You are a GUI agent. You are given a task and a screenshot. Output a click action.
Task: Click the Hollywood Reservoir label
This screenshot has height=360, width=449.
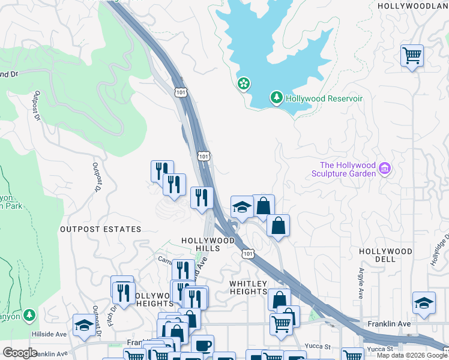(x=324, y=98)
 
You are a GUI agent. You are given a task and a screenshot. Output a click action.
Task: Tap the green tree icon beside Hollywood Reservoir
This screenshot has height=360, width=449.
(x=276, y=97)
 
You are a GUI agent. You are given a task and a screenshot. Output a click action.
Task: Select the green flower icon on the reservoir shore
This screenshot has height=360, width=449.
(x=244, y=83)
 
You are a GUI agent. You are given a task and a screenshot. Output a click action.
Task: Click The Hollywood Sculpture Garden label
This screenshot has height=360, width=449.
(x=348, y=169)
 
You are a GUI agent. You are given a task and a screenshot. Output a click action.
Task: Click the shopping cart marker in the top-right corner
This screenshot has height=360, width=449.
(x=412, y=56)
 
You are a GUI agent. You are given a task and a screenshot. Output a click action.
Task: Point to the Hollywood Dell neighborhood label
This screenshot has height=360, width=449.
(x=385, y=255)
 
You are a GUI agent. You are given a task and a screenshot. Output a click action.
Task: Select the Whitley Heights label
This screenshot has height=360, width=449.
(x=248, y=287)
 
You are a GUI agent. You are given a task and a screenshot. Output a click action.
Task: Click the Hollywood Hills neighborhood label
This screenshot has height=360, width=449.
(x=208, y=244)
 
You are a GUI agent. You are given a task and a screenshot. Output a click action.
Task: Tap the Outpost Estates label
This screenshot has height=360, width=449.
(x=100, y=229)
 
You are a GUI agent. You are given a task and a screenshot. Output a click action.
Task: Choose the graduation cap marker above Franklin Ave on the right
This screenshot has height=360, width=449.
(x=424, y=303)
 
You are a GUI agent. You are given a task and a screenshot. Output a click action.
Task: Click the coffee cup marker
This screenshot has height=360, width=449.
(x=202, y=345)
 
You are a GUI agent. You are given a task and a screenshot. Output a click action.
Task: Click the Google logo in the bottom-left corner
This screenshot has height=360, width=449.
(x=20, y=352)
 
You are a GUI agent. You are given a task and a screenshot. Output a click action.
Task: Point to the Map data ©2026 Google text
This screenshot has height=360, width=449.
(x=412, y=355)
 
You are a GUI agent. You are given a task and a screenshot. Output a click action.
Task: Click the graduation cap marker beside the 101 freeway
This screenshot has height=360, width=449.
(x=242, y=207)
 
